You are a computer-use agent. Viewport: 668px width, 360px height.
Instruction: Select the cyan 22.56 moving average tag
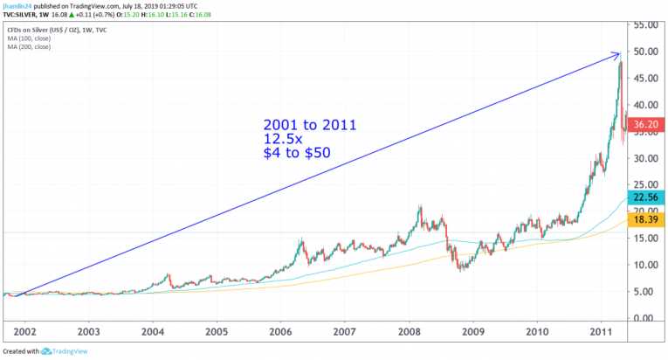[x=646, y=197]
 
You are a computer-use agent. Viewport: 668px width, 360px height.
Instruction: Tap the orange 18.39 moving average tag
[x=646, y=219]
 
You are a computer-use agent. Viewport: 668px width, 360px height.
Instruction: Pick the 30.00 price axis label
[x=646, y=158]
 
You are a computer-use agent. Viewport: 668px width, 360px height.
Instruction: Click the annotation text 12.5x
[x=284, y=139]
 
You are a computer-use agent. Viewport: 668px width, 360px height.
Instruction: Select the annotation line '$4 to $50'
[x=296, y=155]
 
